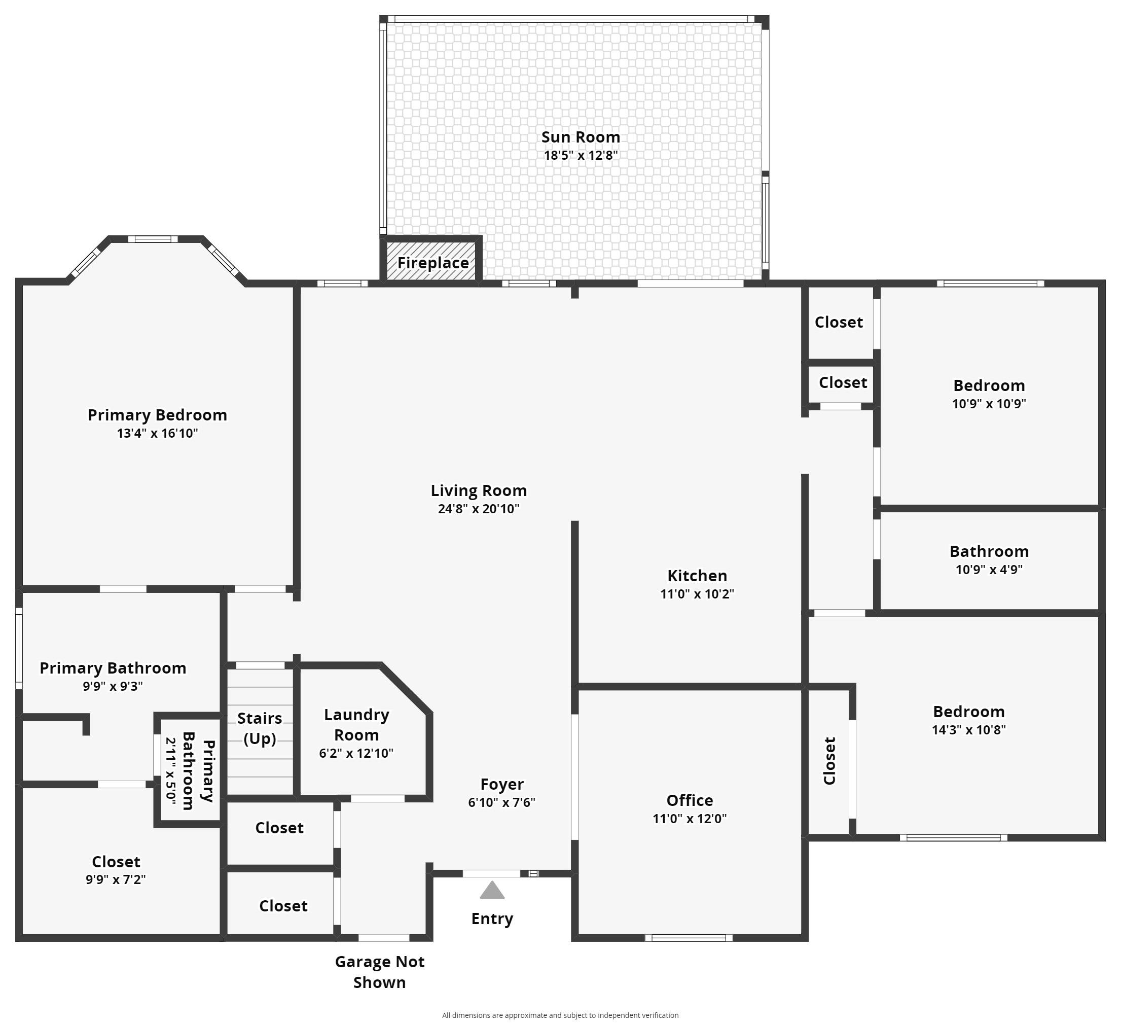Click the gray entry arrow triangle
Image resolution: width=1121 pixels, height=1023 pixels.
point(492,891)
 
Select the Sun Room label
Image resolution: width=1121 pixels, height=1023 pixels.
point(580,137)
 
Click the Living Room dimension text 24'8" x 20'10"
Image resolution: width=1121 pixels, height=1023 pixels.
point(478,508)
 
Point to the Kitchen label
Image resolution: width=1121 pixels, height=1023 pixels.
point(697,575)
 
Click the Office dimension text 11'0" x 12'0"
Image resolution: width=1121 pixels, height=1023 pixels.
point(689,818)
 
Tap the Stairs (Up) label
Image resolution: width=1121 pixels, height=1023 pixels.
point(259,728)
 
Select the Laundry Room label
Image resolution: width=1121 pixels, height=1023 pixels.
point(356,724)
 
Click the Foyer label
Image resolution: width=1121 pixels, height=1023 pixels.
point(501,784)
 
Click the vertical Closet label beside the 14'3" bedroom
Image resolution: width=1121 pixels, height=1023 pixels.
point(829,760)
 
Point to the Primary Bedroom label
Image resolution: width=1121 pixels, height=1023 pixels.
point(157,415)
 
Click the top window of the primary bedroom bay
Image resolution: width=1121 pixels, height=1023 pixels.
point(153,239)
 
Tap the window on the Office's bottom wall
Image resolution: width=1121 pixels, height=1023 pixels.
point(689,938)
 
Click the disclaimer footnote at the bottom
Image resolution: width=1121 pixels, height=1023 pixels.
point(560,1015)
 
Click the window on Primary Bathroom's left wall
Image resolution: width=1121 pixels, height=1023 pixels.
point(18,648)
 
